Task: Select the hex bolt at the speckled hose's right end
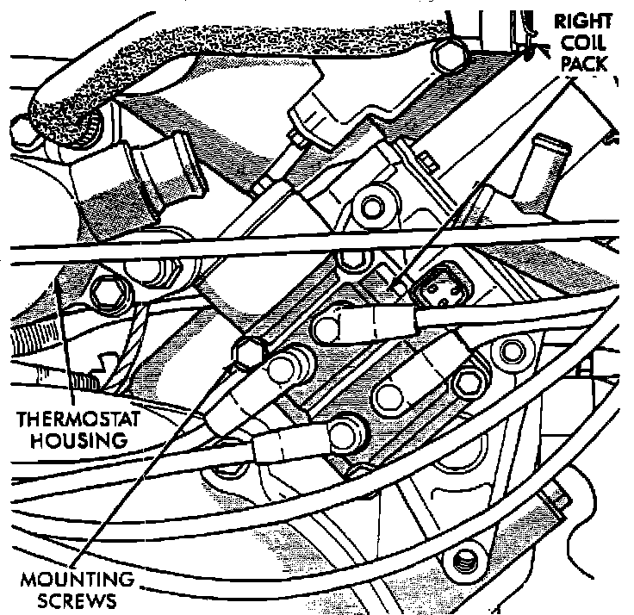point(451,53)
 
